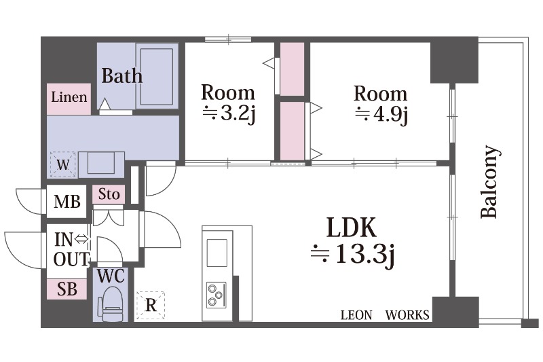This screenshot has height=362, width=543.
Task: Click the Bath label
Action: coord(122,75)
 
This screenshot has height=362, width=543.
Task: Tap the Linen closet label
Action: coord(69,97)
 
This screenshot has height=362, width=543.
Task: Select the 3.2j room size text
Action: coord(229,113)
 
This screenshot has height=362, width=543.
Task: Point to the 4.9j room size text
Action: coord(381,114)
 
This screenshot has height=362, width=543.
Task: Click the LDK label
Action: coord(352,228)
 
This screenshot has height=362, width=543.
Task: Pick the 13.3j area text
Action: coord(353,255)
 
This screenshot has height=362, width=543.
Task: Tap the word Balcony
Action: coord(490,181)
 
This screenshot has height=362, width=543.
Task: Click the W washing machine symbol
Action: coord(62,164)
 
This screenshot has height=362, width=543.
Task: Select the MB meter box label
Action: coord(67,202)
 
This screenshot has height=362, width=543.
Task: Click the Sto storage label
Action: coord(109,194)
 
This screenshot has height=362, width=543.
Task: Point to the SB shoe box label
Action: coord(67,289)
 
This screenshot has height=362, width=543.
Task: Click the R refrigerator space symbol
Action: coord(151,305)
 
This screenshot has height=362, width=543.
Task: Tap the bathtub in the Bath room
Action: coord(157,77)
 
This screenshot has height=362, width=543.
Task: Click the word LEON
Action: coord(356,315)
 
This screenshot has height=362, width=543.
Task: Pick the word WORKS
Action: coord(407,315)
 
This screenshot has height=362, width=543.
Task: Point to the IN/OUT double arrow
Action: coord(81,239)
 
